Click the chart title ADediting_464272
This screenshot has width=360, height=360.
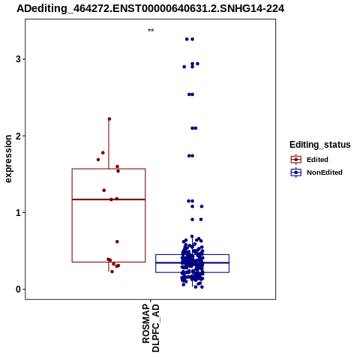150,8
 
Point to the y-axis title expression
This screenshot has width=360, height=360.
8,159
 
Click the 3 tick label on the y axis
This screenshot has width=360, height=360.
18,59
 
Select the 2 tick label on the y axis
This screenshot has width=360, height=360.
18,136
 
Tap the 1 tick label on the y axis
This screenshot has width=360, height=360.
18,213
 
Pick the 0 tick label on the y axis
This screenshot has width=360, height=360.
18,289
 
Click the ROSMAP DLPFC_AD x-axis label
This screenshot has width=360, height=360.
151,328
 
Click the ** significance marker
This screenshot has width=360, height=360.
151,31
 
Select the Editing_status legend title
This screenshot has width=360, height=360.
320,145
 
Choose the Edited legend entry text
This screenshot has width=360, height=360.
317,160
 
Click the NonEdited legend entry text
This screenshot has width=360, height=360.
325,172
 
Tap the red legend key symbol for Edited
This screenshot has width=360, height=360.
296,160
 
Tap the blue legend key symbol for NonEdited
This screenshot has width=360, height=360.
296,172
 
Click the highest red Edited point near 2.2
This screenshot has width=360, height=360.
109,119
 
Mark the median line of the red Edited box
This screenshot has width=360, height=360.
109,199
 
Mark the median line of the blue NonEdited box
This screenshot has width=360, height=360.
192,262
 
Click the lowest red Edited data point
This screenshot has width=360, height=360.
112,271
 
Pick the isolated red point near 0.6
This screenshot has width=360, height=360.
117,241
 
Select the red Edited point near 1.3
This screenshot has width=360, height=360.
104,190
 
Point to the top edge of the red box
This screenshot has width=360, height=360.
109,169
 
